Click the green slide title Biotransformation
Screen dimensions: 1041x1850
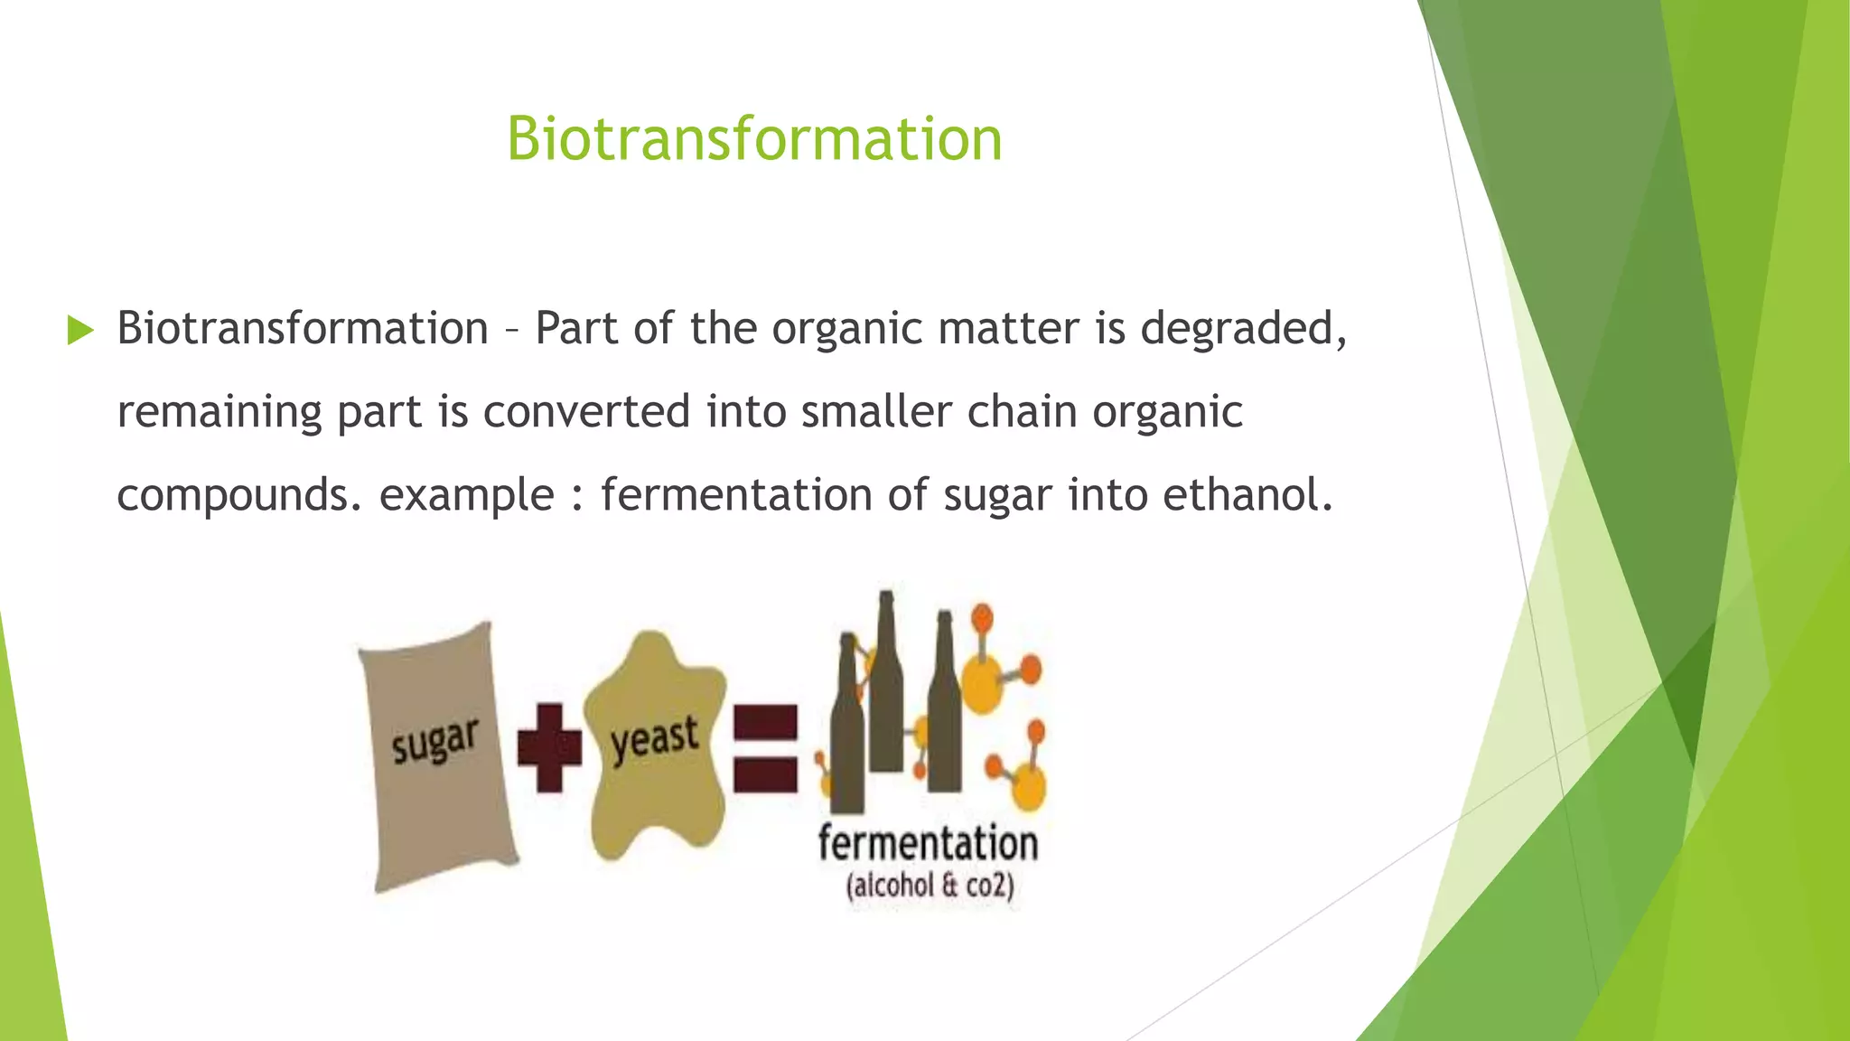754,139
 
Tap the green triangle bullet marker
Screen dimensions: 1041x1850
80,331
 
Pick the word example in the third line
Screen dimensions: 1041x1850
466,495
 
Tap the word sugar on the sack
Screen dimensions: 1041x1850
434,741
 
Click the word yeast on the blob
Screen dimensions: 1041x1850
655,739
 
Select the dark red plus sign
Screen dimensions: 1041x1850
549,747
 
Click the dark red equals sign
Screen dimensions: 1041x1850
765,748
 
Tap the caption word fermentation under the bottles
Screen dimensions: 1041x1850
928,843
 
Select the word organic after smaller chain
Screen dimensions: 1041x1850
1167,412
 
